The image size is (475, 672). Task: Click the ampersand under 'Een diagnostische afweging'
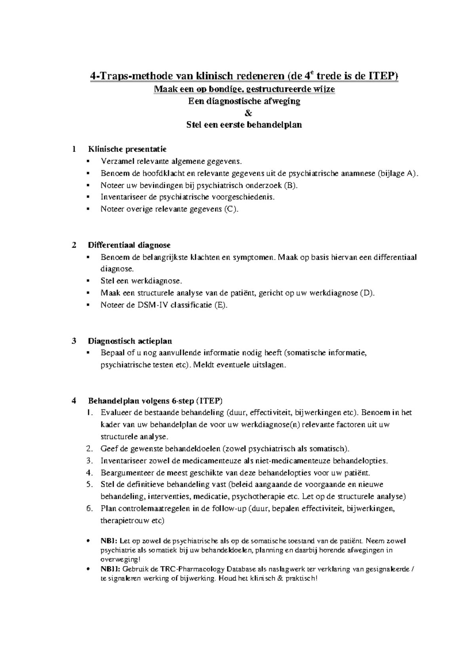[x=248, y=113]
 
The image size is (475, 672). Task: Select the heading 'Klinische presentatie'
[x=127, y=149]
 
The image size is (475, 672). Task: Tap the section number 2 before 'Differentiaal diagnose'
[x=74, y=245]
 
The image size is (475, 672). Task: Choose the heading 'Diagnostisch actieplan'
[x=130, y=341]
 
